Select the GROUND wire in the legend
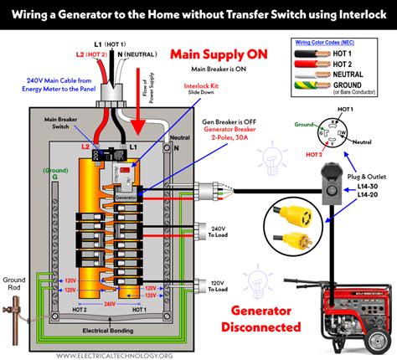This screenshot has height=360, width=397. click(x=318, y=87)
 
